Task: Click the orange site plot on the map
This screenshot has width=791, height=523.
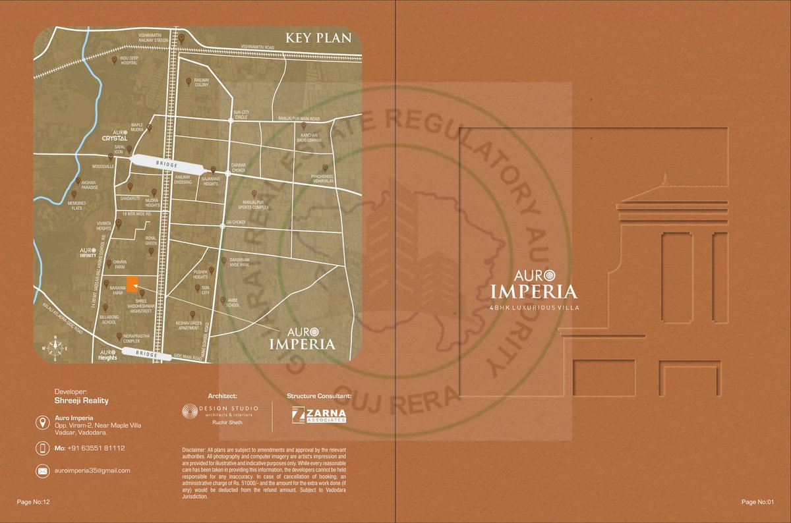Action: (x=132, y=283)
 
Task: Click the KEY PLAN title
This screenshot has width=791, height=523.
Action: (x=320, y=38)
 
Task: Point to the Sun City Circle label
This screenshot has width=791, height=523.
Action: (x=240, y=115)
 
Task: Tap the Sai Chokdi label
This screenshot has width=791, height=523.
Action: (x=235, y=222)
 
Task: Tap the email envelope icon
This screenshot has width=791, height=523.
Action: (x=42, y=470)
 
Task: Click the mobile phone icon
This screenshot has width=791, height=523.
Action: (x=42, y=448)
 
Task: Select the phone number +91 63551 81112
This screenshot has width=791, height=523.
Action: (x=90, y=448)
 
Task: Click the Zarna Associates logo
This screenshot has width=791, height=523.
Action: (x=319, y=414)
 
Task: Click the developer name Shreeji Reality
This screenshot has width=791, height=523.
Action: (x=81, y=400)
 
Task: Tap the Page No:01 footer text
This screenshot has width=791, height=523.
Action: (x=757, y=502)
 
